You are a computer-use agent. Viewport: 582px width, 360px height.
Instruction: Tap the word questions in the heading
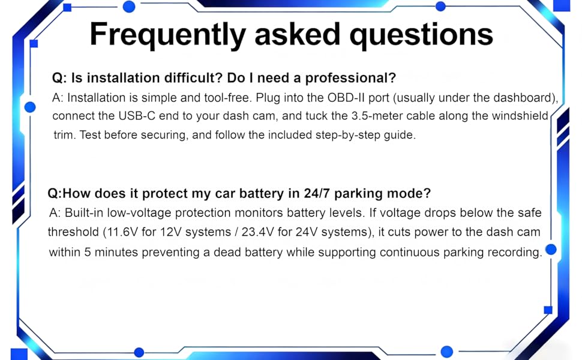[x=421, y=35]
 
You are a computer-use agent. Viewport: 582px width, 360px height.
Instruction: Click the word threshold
[x=73, y=232]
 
